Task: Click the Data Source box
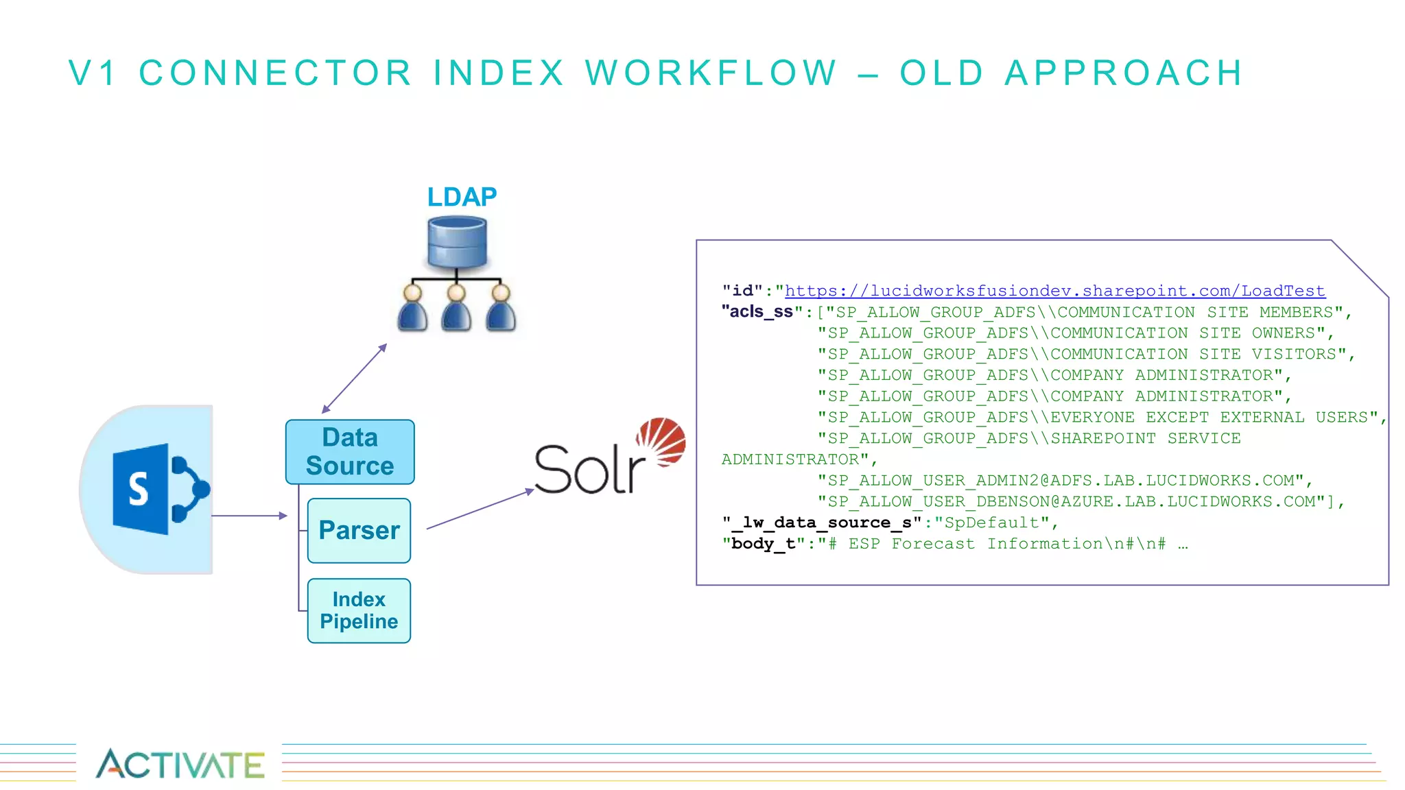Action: pos(350,452)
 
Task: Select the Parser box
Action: pos(359,531)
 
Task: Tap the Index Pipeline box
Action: pos(359,610)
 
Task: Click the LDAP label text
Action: pos(462,197)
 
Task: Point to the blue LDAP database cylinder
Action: pos(457,241)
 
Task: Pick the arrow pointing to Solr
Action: pos(480,509)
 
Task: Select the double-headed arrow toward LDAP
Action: pos(355,379)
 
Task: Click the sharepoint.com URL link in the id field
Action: pos(1054,291)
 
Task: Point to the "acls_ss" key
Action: pos(757,312)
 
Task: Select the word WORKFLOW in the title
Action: pos(711,73)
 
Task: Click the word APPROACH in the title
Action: pos(1124,73)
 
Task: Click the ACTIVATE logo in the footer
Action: pos(180,764)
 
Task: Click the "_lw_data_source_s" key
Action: pos(822,523)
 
